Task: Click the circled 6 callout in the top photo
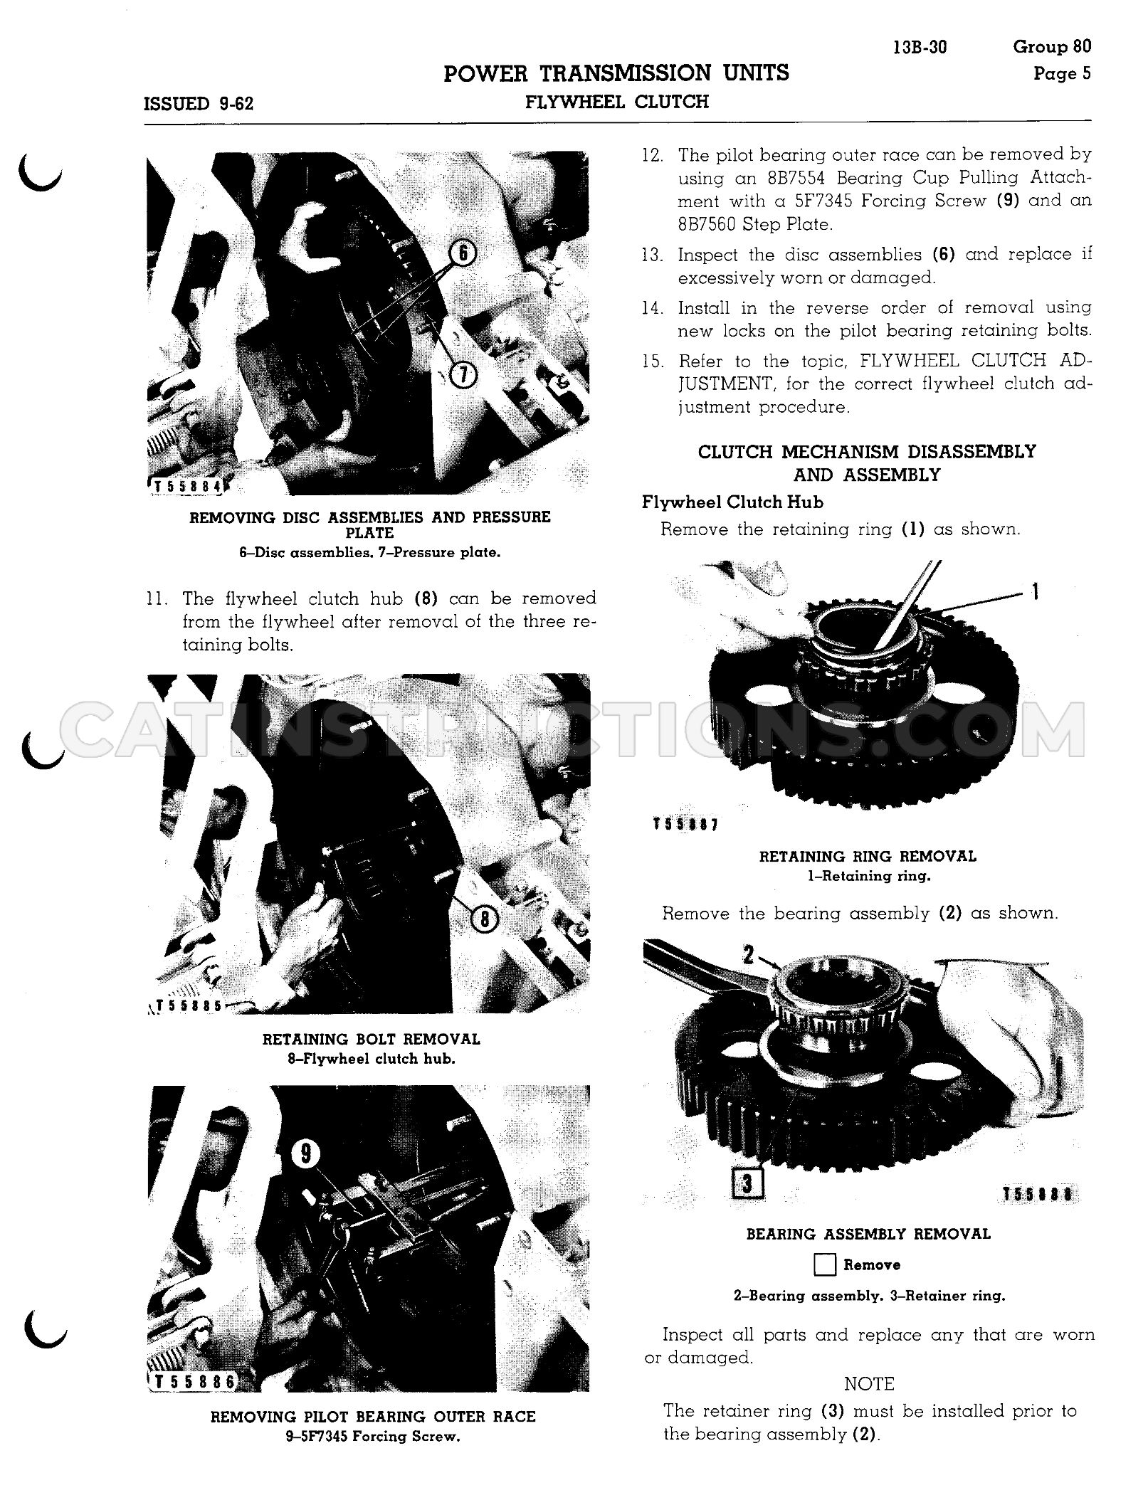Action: tap(463, 253)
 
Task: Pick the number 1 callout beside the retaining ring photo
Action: tap(1035, 591)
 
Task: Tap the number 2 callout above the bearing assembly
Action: tap(748, 954)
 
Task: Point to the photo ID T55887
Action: tap(685, 825)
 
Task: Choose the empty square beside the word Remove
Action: tap(824, 1264)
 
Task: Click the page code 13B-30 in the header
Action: tap(920, 48)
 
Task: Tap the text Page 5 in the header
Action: tap(1062, 73)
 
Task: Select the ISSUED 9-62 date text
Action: tap(199, 104)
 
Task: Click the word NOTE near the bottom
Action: tap(869, 1384)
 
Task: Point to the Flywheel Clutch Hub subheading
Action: tap(732, 502)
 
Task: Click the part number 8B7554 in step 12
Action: tap(757, 178)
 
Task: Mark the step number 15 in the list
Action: tap(653, 361)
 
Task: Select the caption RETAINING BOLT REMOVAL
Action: tap(372, 1040)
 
